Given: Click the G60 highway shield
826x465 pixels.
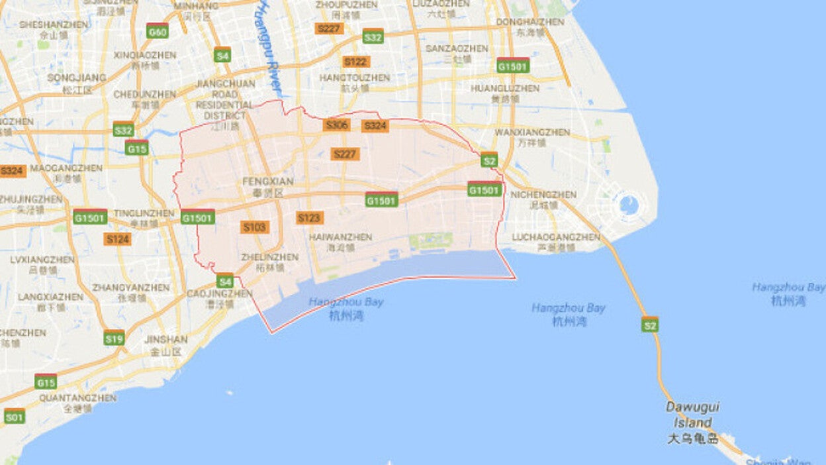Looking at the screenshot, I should (x=157, y=31).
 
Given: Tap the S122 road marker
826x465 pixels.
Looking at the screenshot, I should (x=355, y=62).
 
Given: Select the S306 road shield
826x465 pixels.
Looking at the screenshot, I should (x=336, y=125).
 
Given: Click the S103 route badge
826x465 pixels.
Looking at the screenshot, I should (x=255, y=227).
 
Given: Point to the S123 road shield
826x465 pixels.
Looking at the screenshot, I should (x=309, y=218).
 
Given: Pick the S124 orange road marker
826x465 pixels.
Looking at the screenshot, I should (x=117, y=238).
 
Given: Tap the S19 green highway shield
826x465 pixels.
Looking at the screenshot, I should (x=114, y=338).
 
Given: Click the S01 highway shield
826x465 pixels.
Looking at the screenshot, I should (x=14, y=417).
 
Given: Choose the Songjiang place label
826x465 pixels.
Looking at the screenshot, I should (x=76, y=83).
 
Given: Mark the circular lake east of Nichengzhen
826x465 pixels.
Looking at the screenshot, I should (x=629, y=205).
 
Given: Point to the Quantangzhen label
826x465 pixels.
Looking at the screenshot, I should (x=77, y=403).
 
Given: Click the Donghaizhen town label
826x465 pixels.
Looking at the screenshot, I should (x=530, y=26).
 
